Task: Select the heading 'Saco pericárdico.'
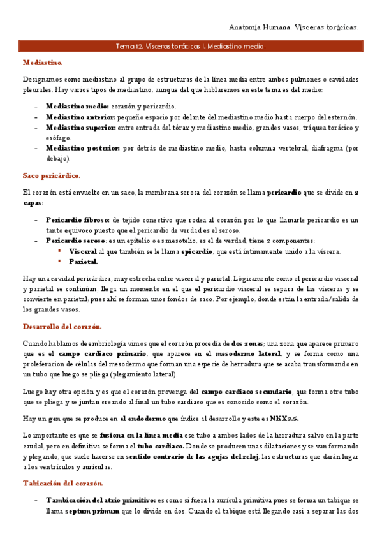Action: coord(51,175)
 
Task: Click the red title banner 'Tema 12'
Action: coord(189,47)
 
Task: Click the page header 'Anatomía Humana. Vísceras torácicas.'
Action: coord(293,27)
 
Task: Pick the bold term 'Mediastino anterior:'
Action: coord(80,117)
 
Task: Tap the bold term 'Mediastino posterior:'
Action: coord(82,148)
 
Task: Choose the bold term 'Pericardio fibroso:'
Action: coord(78,220)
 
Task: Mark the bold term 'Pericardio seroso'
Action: coord(75,241)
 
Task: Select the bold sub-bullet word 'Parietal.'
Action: coord(83,262)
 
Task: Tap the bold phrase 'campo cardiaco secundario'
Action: coord(246,391)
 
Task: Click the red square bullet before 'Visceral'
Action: coord(60,251)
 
